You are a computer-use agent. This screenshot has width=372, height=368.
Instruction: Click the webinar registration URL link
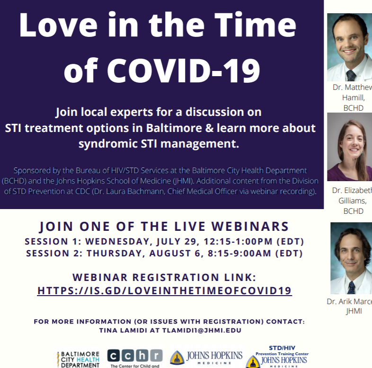pos(164,290)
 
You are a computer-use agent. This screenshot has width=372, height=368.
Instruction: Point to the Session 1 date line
pos(164,242)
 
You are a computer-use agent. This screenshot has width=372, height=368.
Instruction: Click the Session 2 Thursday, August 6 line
pos(164,254)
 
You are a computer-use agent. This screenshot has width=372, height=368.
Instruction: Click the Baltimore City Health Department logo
pos(79,359)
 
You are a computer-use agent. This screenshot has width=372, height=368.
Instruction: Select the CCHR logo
pos(134,357)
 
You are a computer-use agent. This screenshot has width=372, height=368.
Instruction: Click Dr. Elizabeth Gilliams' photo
pos(349,147)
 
